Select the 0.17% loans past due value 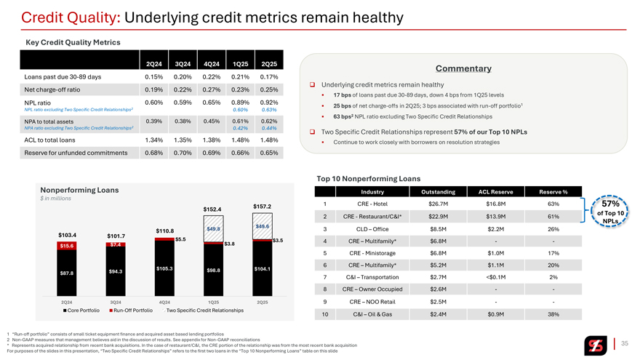[x=268, y=76]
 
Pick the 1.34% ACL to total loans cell [x=153, y=140]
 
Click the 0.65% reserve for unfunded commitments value [x=268, y=153]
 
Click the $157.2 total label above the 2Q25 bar [x=262, y=206]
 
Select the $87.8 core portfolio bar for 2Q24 [x=67, y=273]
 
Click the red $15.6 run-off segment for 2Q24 [x=67, y=246]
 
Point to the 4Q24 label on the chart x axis [x=164, y=301]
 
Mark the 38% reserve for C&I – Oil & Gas [x=553, y=313]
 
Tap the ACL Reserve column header [x=497, y=191]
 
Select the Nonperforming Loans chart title [x=79, y=190]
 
